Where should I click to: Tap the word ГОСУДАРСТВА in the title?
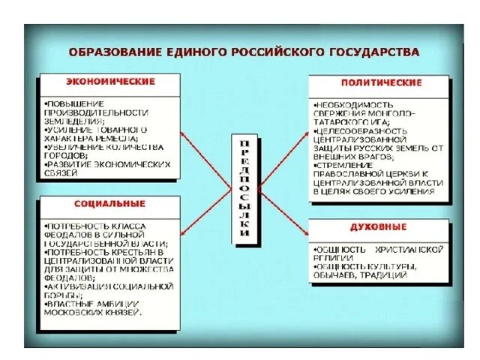tap(373, 52)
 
